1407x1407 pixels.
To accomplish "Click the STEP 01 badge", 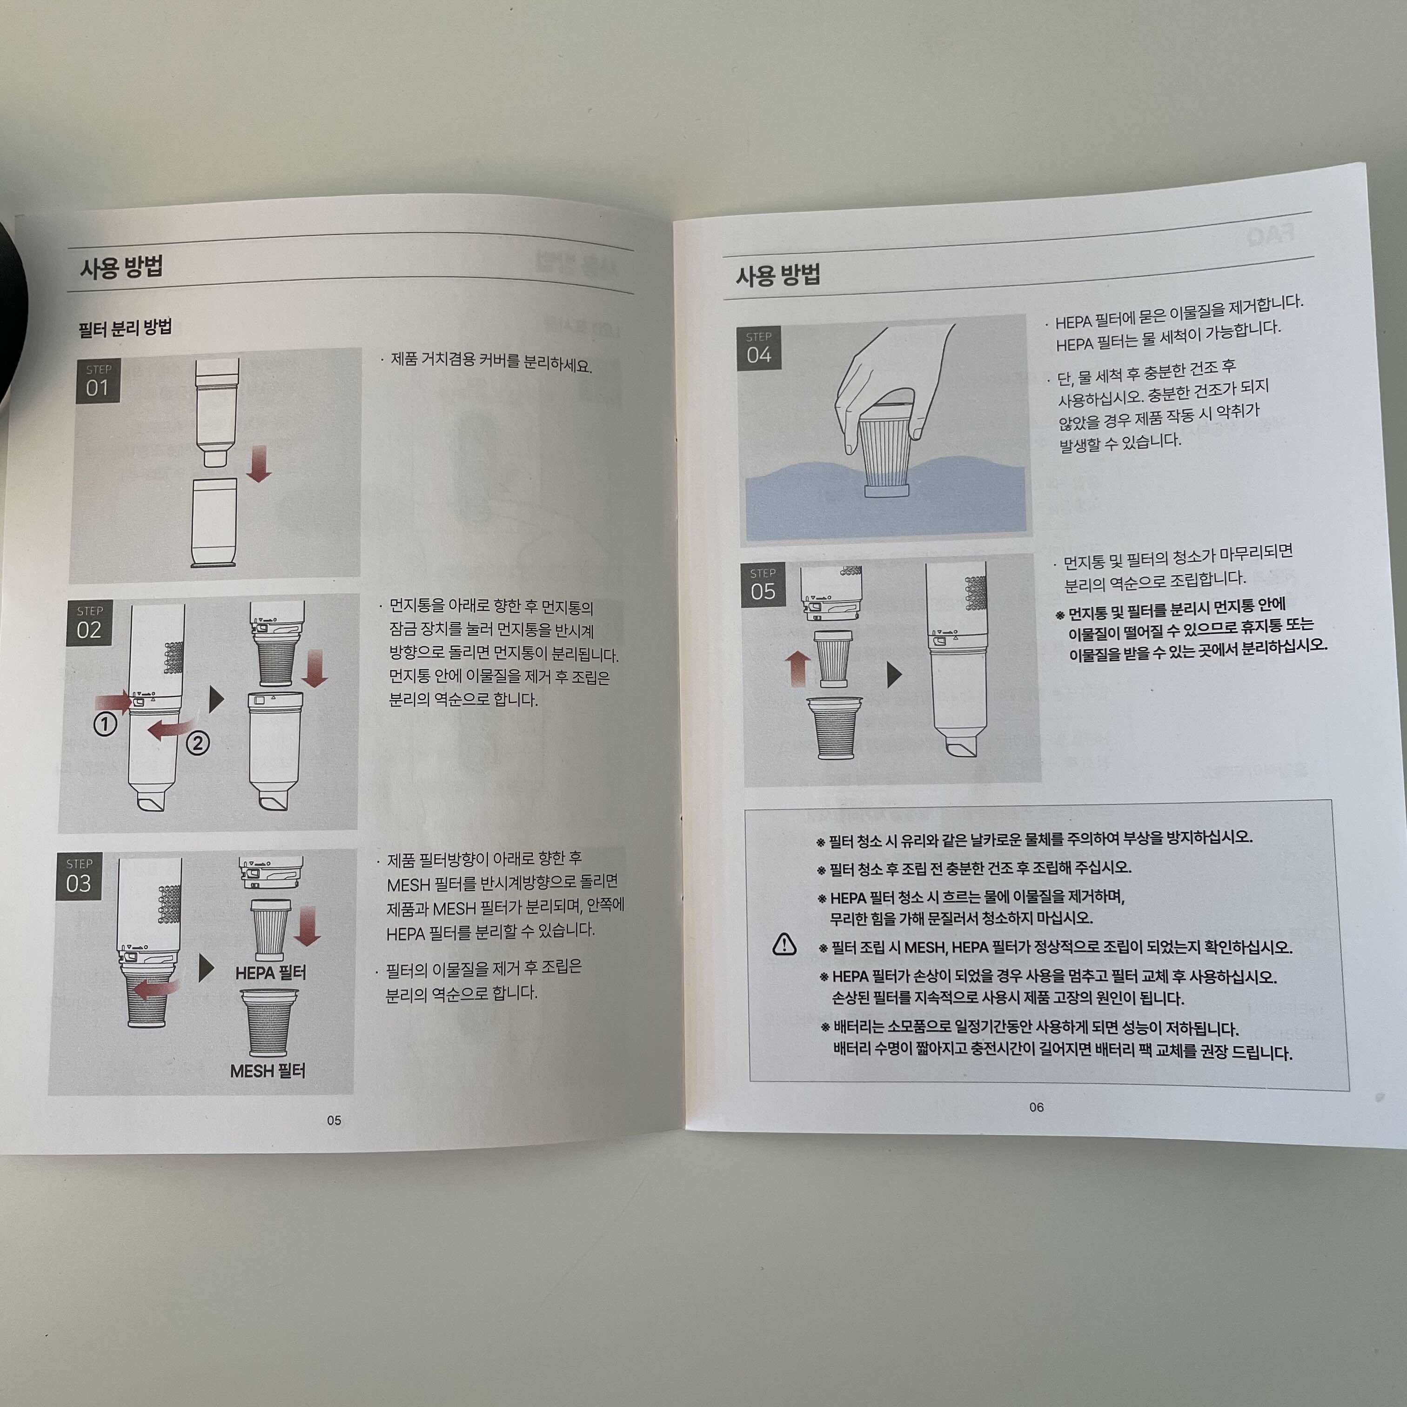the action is coord(98,382).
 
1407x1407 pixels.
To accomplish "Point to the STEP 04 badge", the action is coord(759,348).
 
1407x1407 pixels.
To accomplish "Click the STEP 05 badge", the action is coord(763,585).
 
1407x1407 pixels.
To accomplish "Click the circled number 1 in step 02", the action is coord(106,724).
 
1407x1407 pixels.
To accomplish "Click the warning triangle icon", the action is coord(784,944).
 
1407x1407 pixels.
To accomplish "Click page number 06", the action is coord(1036,1107).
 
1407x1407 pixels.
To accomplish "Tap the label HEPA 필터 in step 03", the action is coord(271,973).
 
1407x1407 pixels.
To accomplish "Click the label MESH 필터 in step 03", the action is coord(267,1071).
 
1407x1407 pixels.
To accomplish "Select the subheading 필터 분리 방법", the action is coord(125,328).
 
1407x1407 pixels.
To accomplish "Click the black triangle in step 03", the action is coord(206,968).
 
